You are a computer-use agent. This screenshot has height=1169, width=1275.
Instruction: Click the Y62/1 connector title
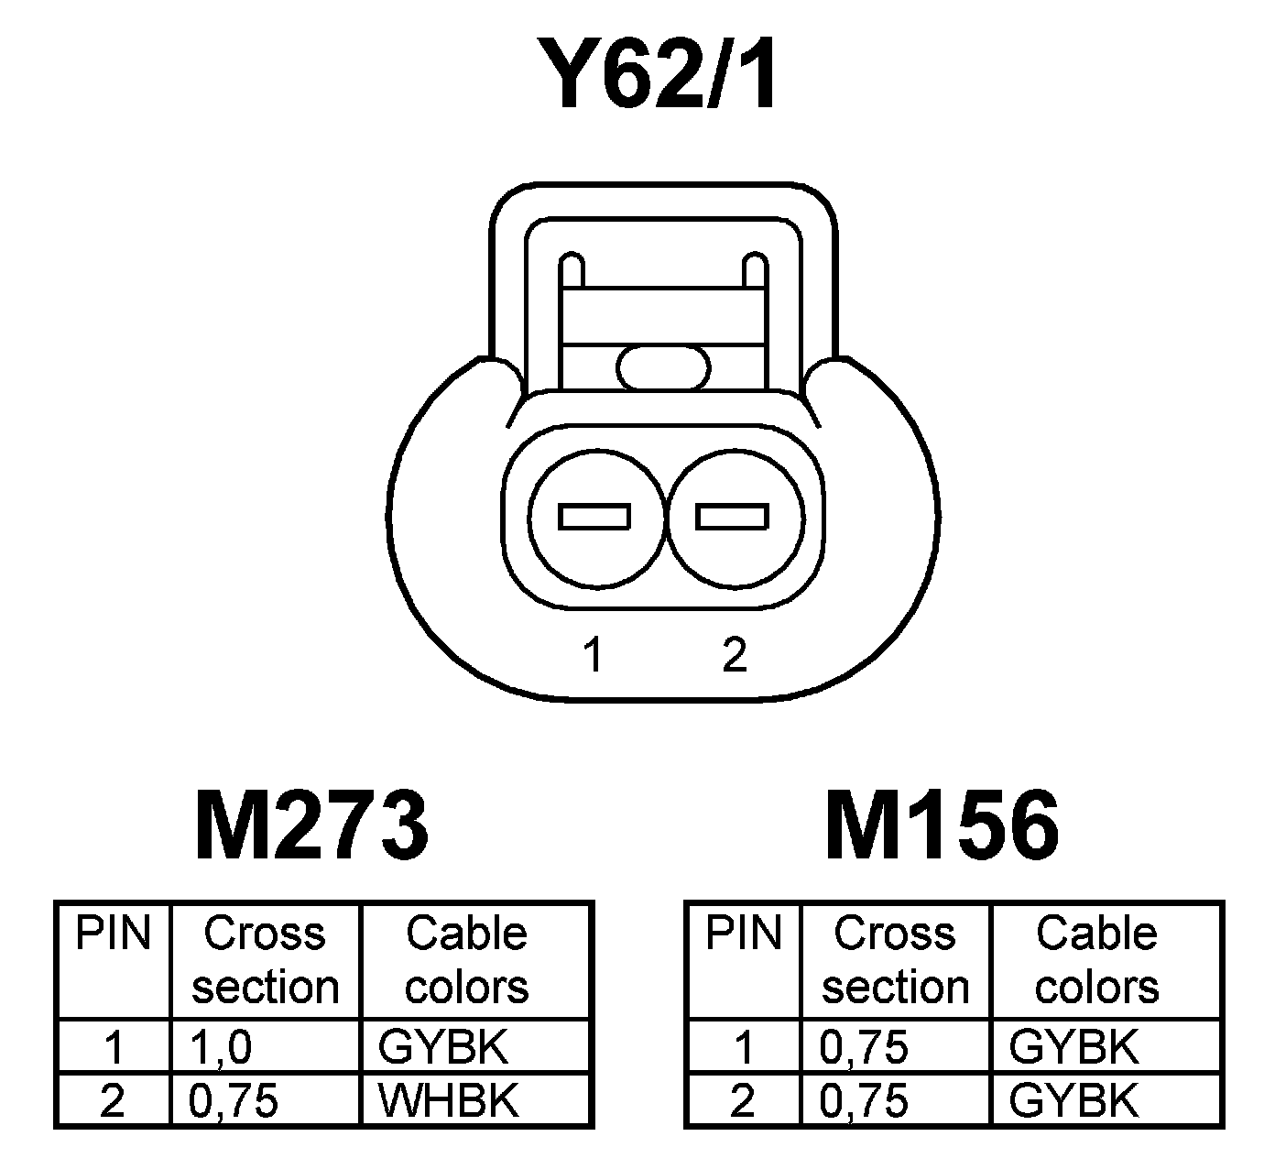click(x=659, y=75)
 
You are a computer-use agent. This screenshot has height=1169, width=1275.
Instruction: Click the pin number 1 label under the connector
click(x=594, y=655)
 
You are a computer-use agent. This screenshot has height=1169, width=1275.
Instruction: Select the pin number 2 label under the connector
click(x=734, y=655)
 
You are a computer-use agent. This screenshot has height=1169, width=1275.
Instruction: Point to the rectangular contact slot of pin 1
click(x=594, y=517)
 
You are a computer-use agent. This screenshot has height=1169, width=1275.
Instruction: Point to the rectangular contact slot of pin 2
click(x=731, y=517)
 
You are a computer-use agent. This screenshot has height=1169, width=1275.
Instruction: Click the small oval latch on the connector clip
click(x=663, y=368)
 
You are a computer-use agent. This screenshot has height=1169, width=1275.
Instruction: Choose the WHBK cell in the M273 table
click(x=449, y=1100)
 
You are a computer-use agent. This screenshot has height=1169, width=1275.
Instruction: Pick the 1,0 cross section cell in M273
click(x=221, y=1047)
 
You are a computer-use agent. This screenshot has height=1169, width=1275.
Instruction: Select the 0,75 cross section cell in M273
click(x=233, y=1100)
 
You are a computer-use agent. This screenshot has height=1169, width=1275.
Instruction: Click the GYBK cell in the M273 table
click(x=443, y=1047)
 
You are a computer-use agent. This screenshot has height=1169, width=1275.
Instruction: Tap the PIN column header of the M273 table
click(x=113, y=934)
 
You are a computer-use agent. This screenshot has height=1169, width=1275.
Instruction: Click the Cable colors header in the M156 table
click(x=1096, y=960)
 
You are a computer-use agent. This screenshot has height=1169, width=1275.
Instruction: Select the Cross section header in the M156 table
click(x=895, y=960)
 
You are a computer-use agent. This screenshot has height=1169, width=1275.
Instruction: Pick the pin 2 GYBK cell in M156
click(x=1073, y=1100)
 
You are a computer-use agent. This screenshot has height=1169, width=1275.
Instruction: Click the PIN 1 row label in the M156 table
click(x=743, y=1047)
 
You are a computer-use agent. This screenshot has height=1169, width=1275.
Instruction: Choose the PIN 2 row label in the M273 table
click(x=113, y=1100)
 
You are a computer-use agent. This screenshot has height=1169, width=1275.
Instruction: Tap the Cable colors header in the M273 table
click(x=466, y=960)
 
